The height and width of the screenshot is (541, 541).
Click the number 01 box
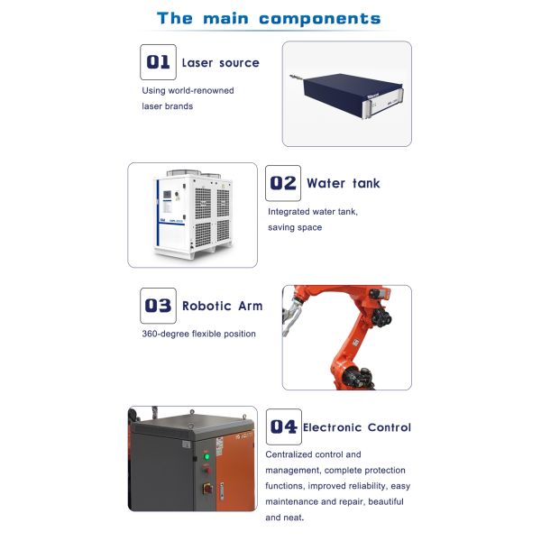pyautogui.click(x=158, y=61)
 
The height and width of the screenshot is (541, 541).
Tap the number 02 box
pyautogui.click(x=282, y=182)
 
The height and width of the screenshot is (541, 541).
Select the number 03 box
pyautogui.click(x=158, y=305)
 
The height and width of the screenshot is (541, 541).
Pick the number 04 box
pyautogui.click(x=282, y=426)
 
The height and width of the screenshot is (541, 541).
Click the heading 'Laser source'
pyautogui.click(x=220, y=62)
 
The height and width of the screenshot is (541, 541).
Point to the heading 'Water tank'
pyautogui.click(x=343, y=183)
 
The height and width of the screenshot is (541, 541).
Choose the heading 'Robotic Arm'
pyautogui.click(x=222, y=306)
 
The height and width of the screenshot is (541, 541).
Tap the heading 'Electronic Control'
pyautogui.click(x=357, y=427)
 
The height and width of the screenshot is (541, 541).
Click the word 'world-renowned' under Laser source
pyautogui.click(x=205, y=90)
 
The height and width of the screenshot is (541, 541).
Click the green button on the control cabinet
pyautogui.click(x=206, y=456)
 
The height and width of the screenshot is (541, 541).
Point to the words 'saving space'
pyautogui.click(x=295, y=227)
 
